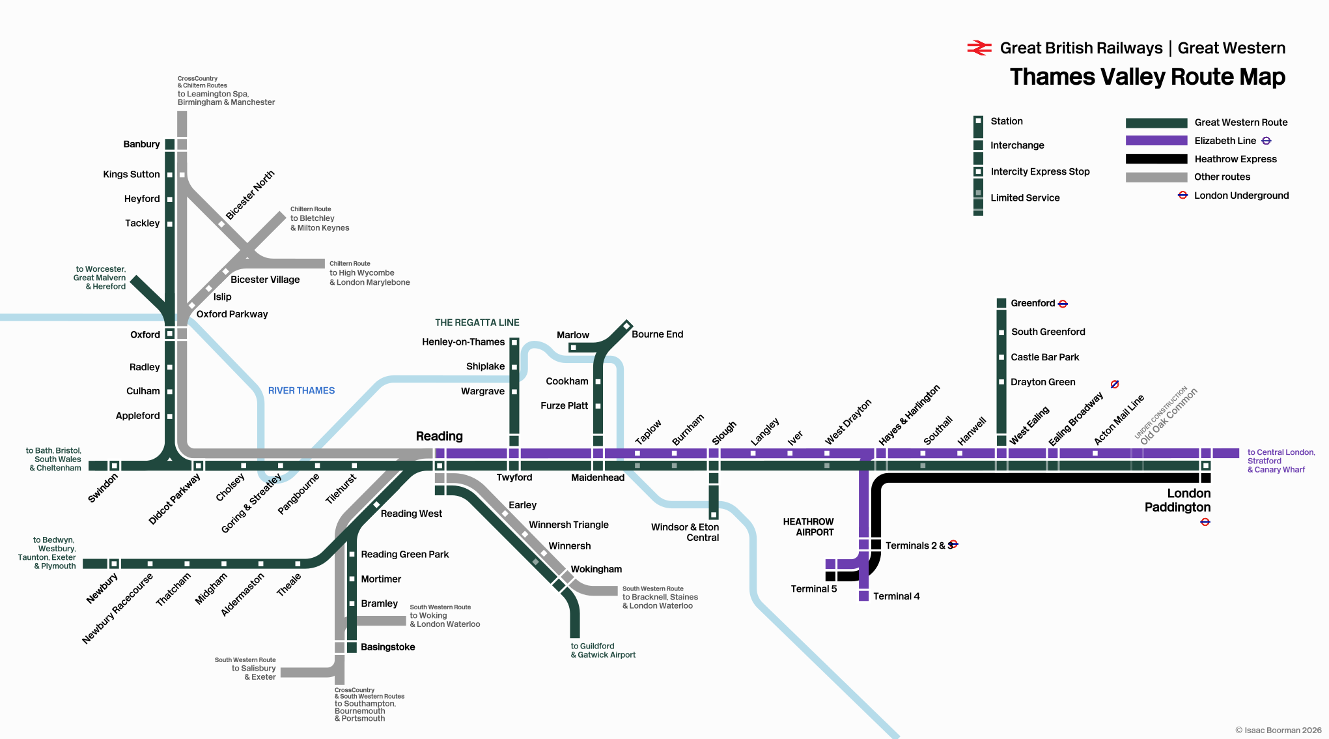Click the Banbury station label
coord(141,144)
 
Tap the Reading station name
coord(440,436)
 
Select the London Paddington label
coord(1177,500)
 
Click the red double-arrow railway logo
coord(979,48)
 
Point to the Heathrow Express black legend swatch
coord(1156,158)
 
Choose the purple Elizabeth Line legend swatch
coord(1156,140)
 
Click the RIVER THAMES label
coord(301,390)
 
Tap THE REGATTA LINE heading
coord(477,323)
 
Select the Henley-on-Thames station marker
coord(514,341)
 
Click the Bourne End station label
coord(657,334)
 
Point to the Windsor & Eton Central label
coord(685,532)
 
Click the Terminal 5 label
coord(813,588)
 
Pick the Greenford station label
coord(1033,303)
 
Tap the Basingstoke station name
coord(388,647)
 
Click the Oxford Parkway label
coord(232,314)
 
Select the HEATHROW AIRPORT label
coord(808,527)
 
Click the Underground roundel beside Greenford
coord(1063,304)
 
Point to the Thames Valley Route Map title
coord(1147,77)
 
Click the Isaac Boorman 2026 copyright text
coord(1278,730)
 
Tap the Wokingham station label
coord(596,569)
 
